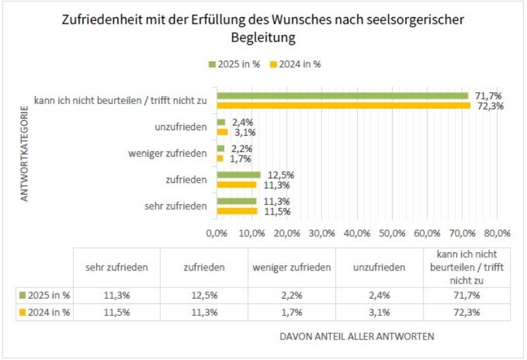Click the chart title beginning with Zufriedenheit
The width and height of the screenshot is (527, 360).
[x=263, y=29]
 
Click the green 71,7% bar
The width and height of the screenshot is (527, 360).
[x=343, y=95]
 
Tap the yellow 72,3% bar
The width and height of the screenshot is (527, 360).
[x=344, y=105]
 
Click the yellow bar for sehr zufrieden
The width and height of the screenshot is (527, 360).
[x=237, y=211]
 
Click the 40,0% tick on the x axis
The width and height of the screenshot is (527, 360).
[x=357, y=233]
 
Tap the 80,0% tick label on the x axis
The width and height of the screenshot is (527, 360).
[x=497, y=233]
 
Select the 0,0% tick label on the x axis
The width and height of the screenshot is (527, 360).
[x=217, y=233]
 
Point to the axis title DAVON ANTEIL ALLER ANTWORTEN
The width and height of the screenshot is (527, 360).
[x=357, y=337]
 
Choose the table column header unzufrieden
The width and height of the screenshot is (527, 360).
[x=380, y=267]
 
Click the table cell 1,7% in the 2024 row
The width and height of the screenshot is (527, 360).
[x=291, y=312]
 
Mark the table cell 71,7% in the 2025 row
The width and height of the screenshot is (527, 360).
[x=467, y=295]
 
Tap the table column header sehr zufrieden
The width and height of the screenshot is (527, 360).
[x=117, y=267]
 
